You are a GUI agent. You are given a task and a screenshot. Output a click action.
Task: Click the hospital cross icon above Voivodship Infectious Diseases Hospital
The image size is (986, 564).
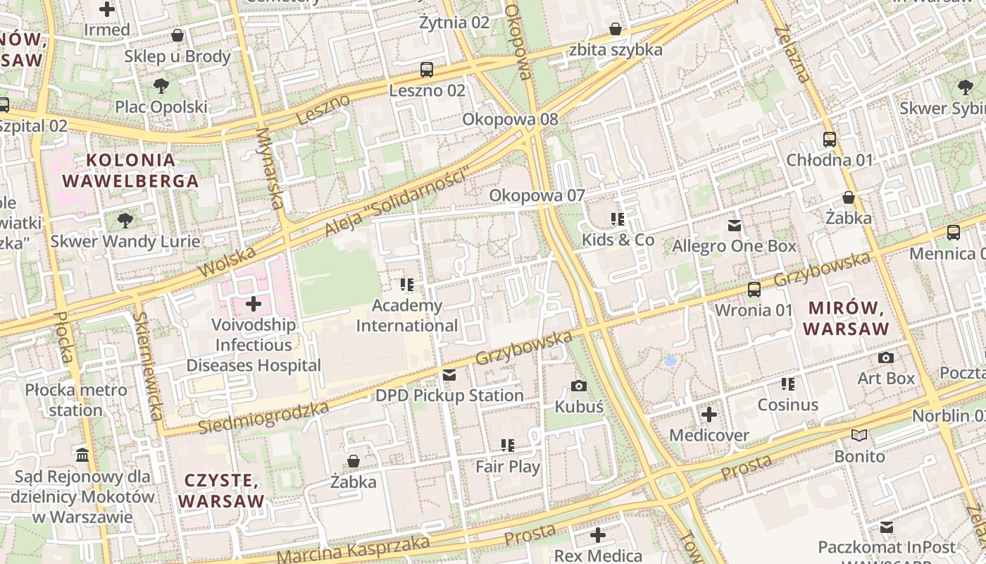(x=254, y=305)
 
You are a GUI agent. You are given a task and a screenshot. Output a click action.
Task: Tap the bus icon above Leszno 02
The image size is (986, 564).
(x=427, y=70)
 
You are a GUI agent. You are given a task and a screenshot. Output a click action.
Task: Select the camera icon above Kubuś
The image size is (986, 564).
(x=579, y=386)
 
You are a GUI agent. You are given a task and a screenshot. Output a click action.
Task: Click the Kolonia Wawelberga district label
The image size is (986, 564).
(x=130, y=170)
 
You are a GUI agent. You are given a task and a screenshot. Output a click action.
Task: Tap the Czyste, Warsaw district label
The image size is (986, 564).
(x=220, y=491)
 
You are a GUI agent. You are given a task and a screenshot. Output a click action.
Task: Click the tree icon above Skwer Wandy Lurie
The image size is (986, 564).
(x=125, y=221)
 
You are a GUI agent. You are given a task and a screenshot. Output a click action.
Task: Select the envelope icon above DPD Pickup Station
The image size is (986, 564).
(x=449, y=374)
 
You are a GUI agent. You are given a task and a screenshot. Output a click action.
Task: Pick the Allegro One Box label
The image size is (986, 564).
(x=734, y=246)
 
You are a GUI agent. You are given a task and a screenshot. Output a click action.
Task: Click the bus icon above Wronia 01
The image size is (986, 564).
(x=754, y=289)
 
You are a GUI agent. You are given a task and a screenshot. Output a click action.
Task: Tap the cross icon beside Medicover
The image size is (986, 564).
(x=709, y=415)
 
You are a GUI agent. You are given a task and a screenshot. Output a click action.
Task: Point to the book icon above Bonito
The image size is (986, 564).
(x=859, y=435)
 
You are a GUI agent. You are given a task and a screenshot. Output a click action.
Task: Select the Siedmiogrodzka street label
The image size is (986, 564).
(x=263, y=418)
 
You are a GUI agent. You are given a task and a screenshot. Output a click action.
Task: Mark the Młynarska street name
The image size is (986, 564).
(x=270, y=168)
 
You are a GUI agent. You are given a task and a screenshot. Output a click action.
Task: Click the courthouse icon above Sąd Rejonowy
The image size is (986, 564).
(x=82, y=455)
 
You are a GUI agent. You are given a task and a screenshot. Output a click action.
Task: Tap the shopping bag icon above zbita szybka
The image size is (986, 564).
(x=616, y=29)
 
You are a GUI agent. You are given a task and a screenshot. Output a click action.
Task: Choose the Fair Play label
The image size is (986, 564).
(x=508, y=467)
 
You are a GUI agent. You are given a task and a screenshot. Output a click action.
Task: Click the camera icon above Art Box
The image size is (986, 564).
(x=886, y=358)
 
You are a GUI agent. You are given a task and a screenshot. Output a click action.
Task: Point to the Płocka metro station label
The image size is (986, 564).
(x=76, y=400)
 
